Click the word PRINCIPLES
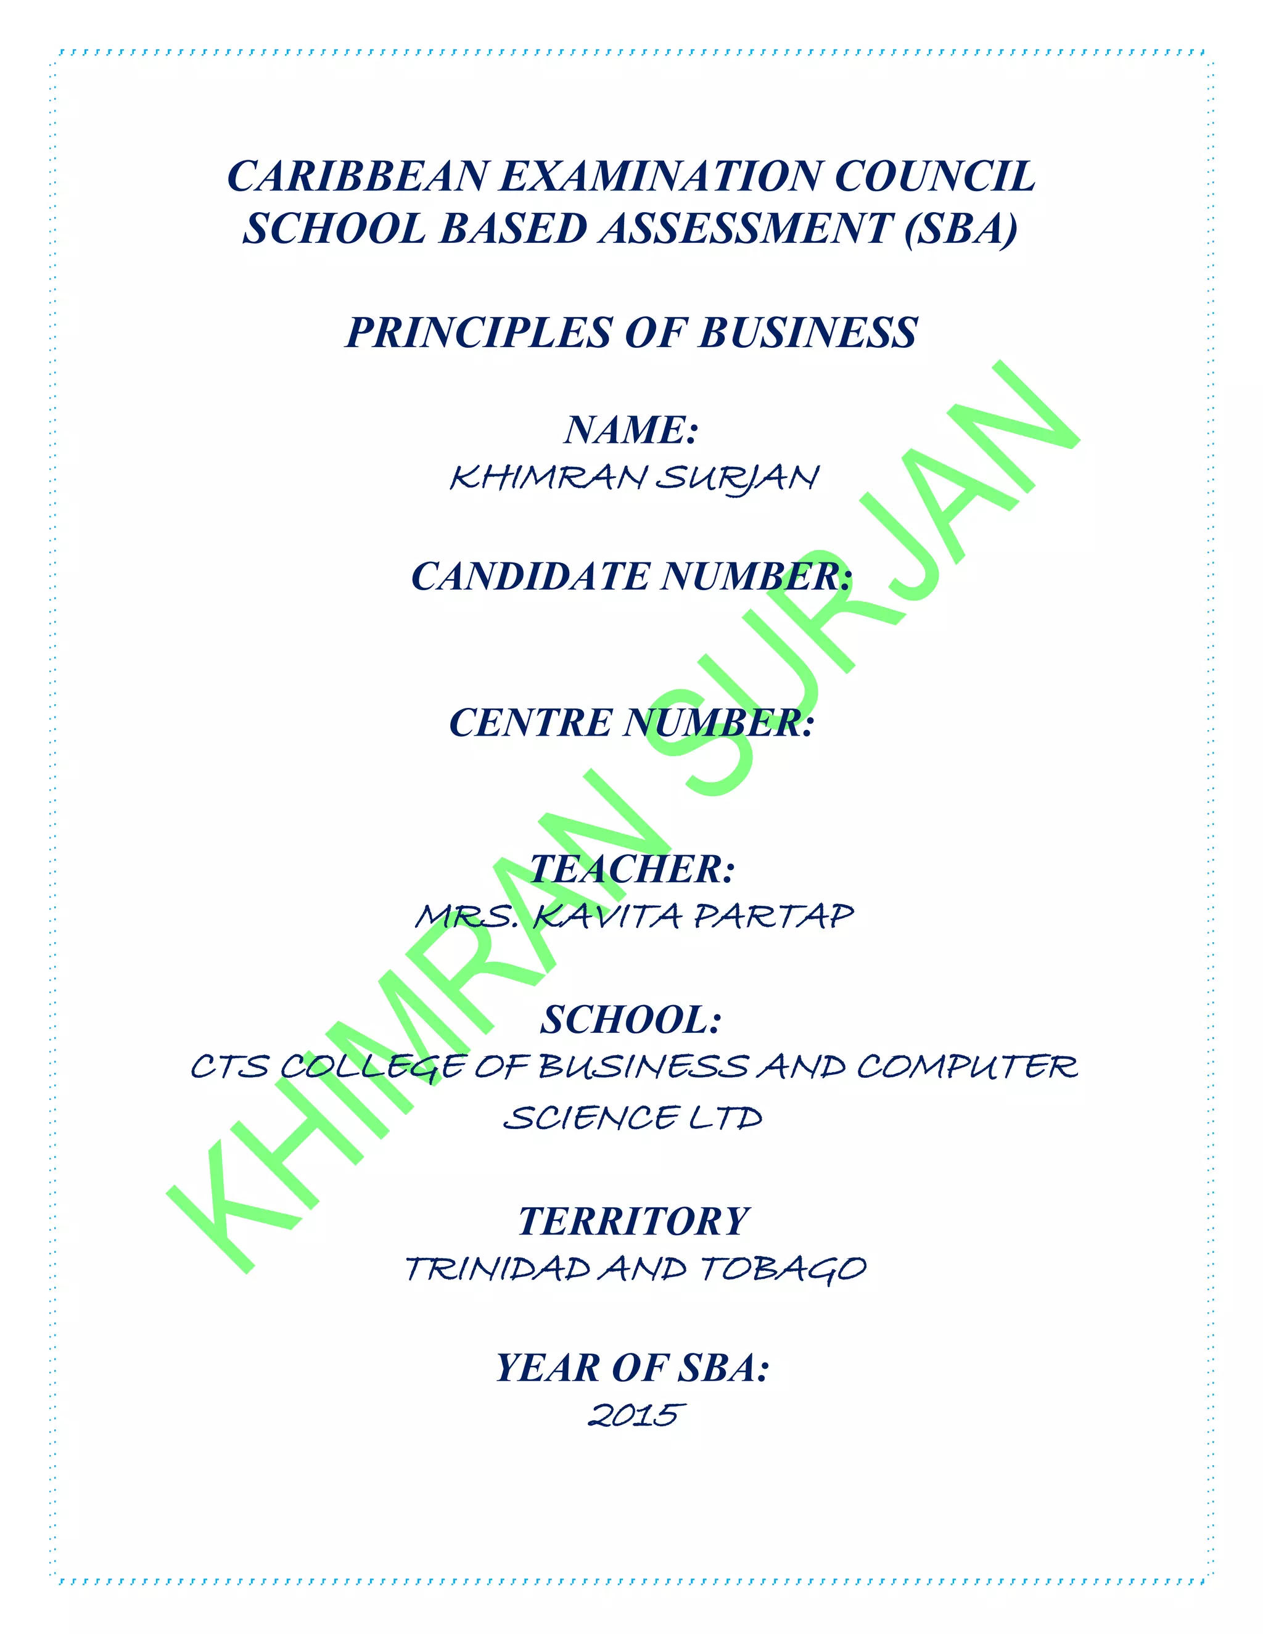point(478,333)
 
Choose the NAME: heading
point(631,430)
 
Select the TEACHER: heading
point(631,869)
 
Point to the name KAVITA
point(606,916)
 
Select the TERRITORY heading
point(633,1221)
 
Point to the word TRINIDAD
point(498,1269)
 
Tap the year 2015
point(635,1416)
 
